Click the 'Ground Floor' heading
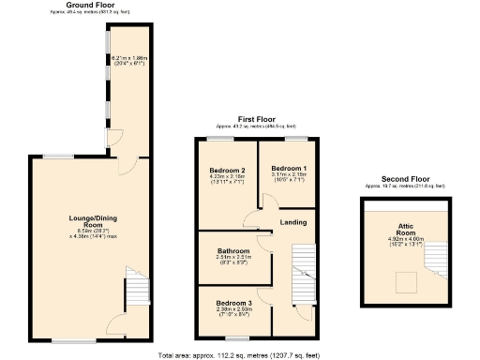(x=91, y=5)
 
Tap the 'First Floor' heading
(x=257, y=120)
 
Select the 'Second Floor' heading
(x=406, y=179)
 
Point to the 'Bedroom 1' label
(x=288, y=167)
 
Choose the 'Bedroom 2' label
(x=226, y=169)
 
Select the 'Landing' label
(x=293, y=222)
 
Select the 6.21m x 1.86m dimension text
(x=127, y=60)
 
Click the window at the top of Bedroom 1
(x=299, y=139)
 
